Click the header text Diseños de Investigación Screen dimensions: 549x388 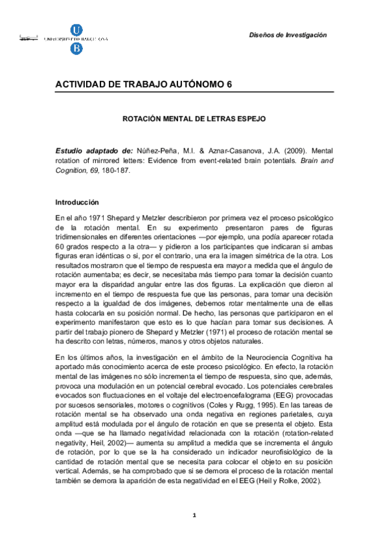(x=288, y=34)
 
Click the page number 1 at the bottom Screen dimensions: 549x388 (x=194, y=515)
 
